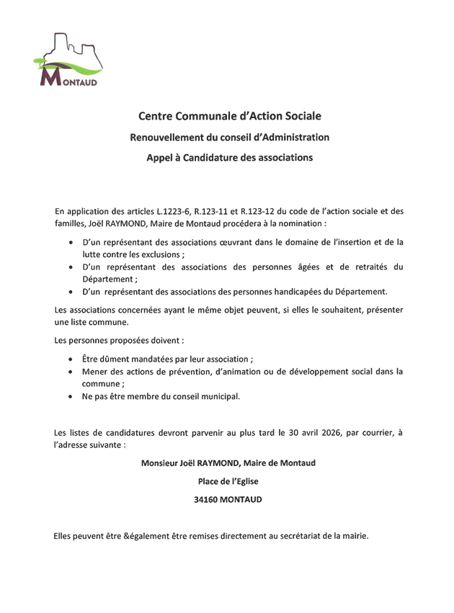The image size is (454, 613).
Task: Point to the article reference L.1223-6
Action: [x=175, y=211]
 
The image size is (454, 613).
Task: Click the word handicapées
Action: [x=321, y=292]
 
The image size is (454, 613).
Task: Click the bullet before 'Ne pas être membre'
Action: [x=70, y=397]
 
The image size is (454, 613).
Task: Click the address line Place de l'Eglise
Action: [x=228, y=481]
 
